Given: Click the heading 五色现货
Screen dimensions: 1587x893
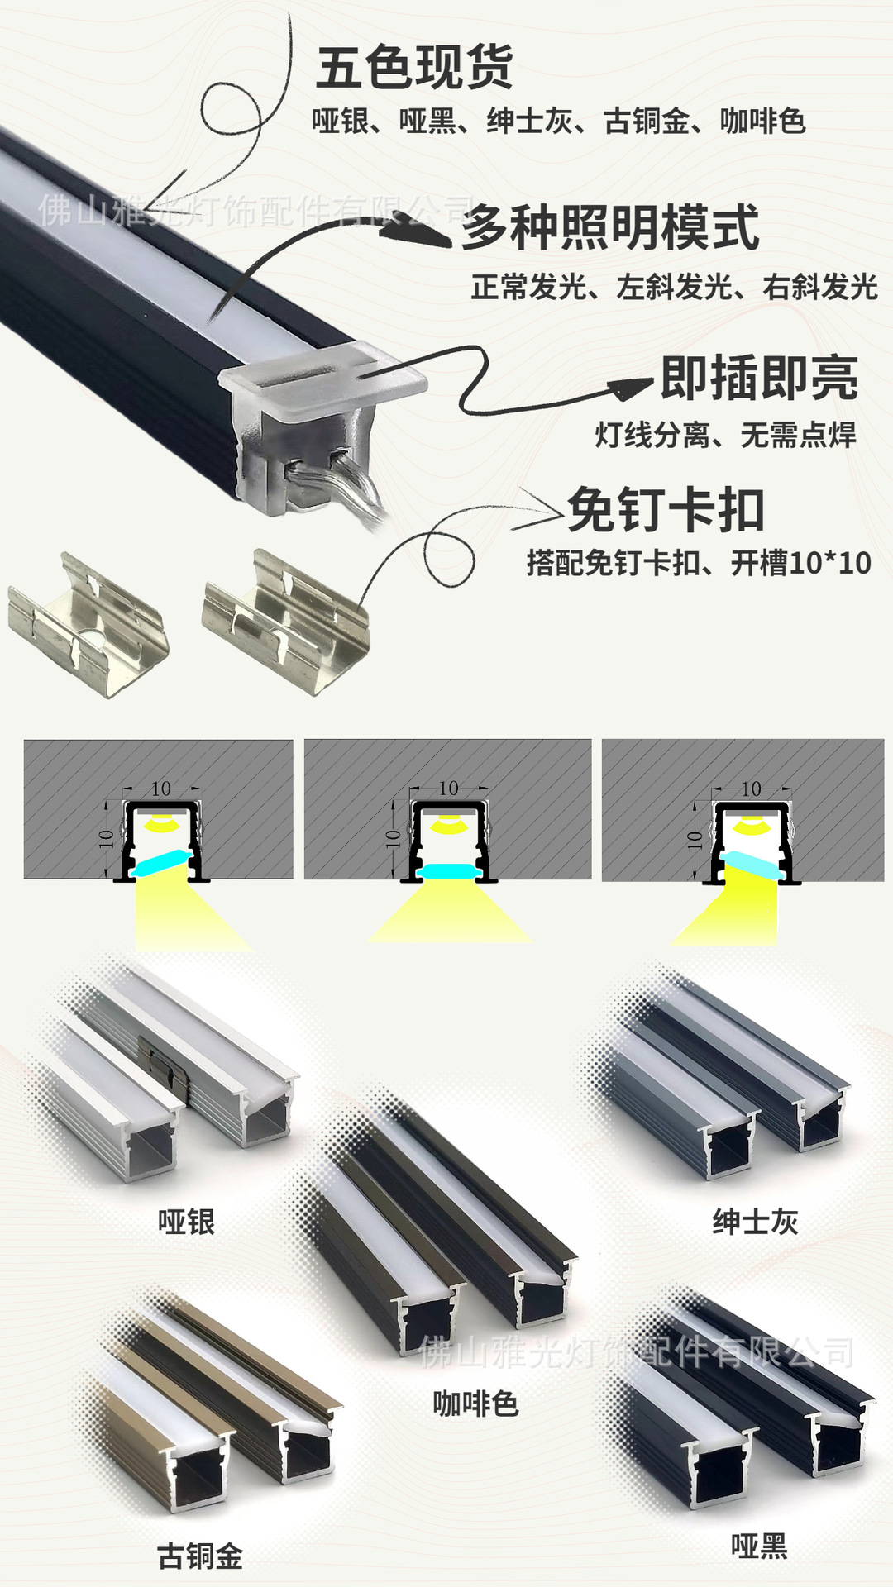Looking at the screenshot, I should pyautogui.click(x=414, y=68).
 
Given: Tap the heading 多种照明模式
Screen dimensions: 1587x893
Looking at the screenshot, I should pyautogui.click(x=610, y=228).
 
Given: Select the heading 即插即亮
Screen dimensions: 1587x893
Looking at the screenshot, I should pyautogui.click(x=759, y=378).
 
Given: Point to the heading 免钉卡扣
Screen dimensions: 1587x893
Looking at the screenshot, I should pyautogui.click(x=666, y=510).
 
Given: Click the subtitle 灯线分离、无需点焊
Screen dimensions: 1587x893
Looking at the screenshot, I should pyautogui.click(x=725, y=435).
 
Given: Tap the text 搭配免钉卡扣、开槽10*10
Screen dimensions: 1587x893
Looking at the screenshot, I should pyautogui.click(x=699, y=563).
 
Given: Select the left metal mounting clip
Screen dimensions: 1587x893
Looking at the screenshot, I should pyautogui.click(x=88, y=625).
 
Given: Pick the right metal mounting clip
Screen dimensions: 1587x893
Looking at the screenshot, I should pyautogui.click(x=285, y=622).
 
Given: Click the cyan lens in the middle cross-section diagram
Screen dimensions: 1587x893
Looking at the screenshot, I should pyautogui.click(x=448, y=871).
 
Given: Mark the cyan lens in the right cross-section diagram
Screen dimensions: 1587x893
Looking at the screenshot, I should pyautogui.click(x=753, y=865).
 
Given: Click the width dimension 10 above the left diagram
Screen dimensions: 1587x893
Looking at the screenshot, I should pyautogui.click(x=161, y=789).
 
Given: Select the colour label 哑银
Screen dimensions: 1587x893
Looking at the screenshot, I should pyautogui.click(x=187, y=1222).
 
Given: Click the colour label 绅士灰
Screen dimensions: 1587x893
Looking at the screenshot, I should pyautogui.click(x=756, y=1222).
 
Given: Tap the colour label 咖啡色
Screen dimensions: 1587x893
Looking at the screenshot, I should pyautogui.click(x=475, y=1404).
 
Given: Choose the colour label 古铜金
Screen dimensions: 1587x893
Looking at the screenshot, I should pyautogui.click(x=200, y=1556).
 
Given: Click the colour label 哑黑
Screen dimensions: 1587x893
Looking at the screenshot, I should pyautogui.click(x=759, y=1546).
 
